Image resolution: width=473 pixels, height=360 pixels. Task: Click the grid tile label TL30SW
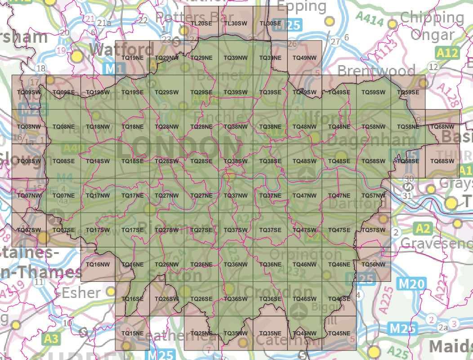(x=236, y=23)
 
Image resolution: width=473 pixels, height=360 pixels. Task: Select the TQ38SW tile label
(x=236, y=161)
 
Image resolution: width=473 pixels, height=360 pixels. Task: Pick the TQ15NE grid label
(x=132, y=333)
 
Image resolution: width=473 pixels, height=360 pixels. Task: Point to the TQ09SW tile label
(x=28, y=93)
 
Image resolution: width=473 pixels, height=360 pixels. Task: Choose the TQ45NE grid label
(x=339, y=333)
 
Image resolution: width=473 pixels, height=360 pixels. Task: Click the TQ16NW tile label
(x=98, y=265)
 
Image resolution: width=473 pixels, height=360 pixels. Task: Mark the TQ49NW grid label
(x=304, y=58)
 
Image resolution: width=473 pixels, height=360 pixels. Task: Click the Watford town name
(x=121, y=49)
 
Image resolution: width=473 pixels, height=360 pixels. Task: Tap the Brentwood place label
(x=376, y=71)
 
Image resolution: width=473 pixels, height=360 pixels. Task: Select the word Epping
(x=302, y=6)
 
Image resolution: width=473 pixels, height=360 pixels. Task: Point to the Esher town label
(x=81, y=293)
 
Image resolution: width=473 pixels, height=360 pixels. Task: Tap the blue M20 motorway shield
(x=411, y=284)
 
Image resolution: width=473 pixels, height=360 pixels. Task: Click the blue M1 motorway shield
(x=115, y=69)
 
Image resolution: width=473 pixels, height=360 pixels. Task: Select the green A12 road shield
(x=447, y=53)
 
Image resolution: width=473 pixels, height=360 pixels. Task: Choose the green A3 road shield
(x=51, y=338)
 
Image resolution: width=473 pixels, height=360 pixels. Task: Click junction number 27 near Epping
(x=335, y=42)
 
